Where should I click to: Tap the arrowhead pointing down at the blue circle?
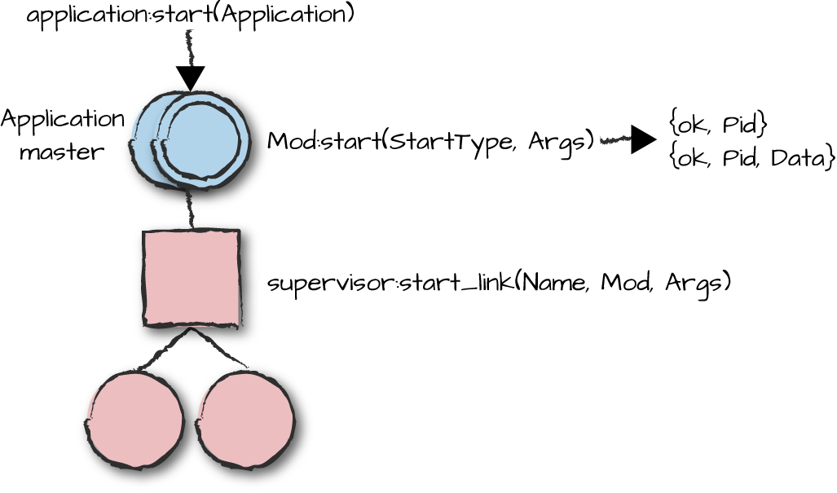pyautogui.click(x=191, y=79)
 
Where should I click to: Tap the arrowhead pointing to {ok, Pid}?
pyautogui.click(x=643, y=140)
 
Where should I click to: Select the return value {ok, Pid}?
pyautogui.click(x=717, y=125)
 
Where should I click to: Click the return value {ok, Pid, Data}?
pyautogui.click(x=751, y=156)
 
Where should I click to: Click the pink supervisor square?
pyautogui.click(x=192, y=277)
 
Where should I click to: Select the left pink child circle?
pyautogui.click(x=135, y=420)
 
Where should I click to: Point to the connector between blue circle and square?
pyautogui.click(x=191, y=210)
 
